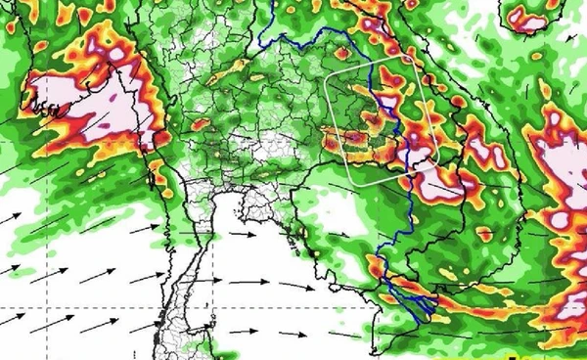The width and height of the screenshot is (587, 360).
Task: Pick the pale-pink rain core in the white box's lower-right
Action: click(421, 157)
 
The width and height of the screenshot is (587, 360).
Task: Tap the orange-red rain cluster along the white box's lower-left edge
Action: click(357, 147)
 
